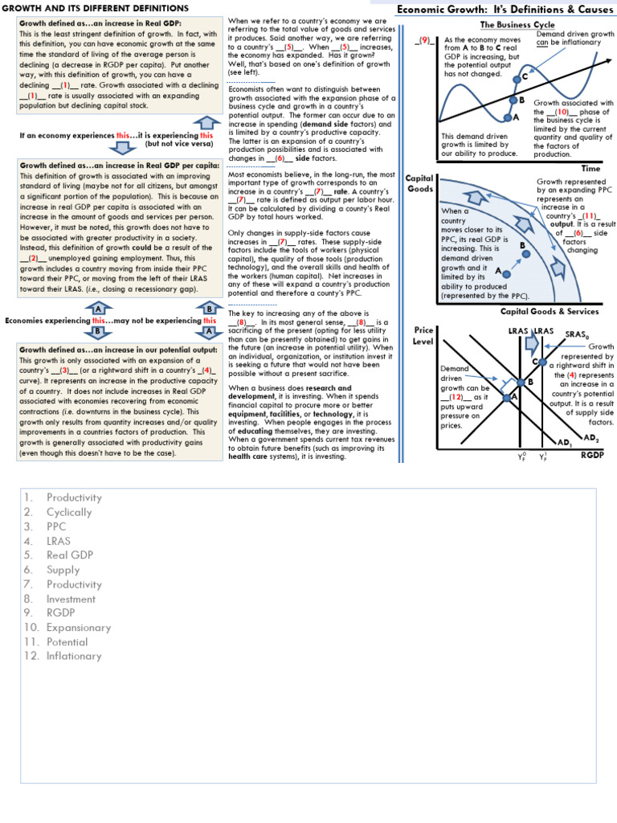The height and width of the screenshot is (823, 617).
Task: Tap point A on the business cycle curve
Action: pos(507,117)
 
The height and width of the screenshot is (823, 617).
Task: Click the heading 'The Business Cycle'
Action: pos(513,24)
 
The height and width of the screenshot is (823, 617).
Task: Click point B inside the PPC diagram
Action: pos(526,253)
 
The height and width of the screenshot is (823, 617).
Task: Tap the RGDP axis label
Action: pos(591,456)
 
